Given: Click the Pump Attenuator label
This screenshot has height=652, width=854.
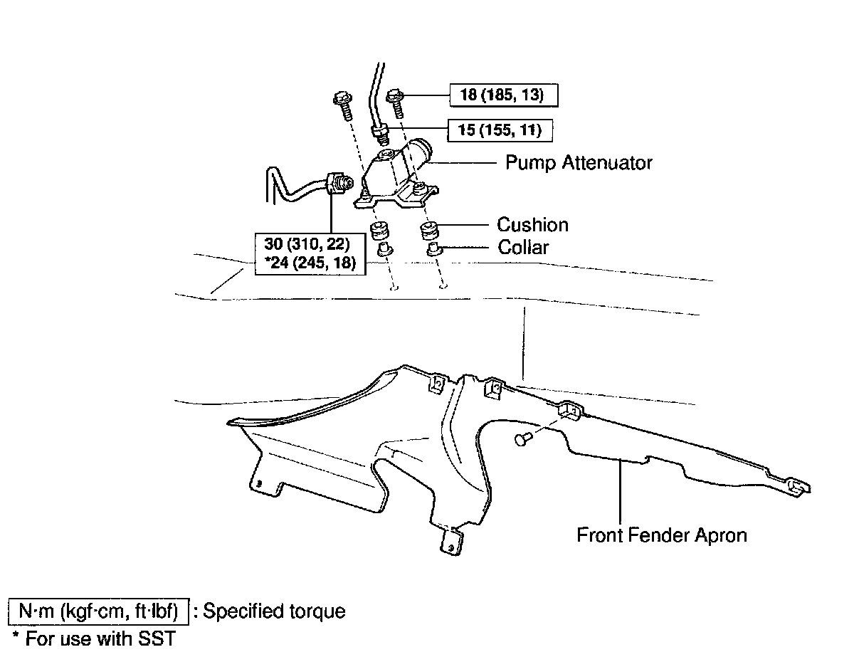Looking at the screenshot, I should (578, 163).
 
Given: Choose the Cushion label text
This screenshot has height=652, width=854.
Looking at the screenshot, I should (532, 225).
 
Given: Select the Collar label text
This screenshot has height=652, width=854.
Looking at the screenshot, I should (523, 248).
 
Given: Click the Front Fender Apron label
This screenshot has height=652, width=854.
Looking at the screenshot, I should (662, 535).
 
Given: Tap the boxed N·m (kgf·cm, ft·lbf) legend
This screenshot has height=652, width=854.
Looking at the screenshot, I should (98, 611).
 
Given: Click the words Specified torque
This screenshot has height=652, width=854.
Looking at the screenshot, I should (274, 611).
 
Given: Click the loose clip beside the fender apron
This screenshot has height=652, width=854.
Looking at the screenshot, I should (522, 439).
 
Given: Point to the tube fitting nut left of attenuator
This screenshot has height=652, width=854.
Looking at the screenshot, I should (337, 182).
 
